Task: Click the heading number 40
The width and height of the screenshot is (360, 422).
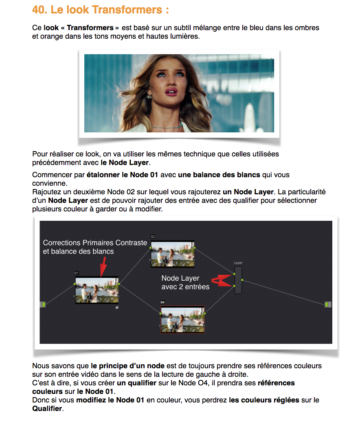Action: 39,10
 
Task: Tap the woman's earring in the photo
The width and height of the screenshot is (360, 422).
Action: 149,97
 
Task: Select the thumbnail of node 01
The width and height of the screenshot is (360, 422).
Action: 97,290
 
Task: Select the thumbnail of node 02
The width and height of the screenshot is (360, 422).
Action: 173,253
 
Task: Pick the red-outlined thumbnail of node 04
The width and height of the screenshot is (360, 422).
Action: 182,319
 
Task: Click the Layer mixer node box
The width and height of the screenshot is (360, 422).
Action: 238,280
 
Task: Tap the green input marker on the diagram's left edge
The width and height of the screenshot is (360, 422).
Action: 43,304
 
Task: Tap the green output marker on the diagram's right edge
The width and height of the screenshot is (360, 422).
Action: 328,304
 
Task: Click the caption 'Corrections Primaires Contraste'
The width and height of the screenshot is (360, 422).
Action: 95,243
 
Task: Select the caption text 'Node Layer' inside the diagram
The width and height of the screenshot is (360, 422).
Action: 180,278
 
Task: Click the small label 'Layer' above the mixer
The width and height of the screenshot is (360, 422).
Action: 238,263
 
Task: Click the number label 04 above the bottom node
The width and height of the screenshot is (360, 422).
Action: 162,302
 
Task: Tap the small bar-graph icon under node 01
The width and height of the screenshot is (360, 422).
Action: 117,308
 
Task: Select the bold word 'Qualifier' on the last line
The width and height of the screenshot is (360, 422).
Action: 47,409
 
